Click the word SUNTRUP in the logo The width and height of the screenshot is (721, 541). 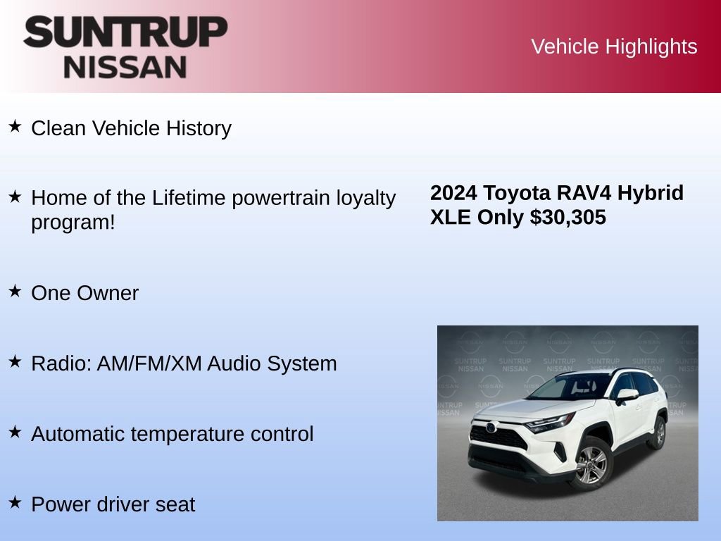click(125, 32)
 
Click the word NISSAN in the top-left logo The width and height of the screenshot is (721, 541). click(125, 66)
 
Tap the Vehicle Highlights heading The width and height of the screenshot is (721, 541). click(614, 46)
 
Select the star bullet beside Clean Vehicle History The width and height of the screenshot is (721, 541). click(15, 127)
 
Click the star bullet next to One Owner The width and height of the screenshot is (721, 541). click(15, 291)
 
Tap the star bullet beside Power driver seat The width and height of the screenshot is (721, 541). click(15, 502)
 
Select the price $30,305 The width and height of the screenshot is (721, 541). click(568, 218)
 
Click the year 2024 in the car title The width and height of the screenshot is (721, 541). click(454, 193)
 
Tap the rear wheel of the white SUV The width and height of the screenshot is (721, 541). click(659, 431)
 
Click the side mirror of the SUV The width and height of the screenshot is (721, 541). click(626, 395)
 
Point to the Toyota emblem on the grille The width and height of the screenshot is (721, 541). click(490, 427)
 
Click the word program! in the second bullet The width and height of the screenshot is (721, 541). click(73, 223)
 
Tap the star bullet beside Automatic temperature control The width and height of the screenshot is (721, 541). click(15, 432)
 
